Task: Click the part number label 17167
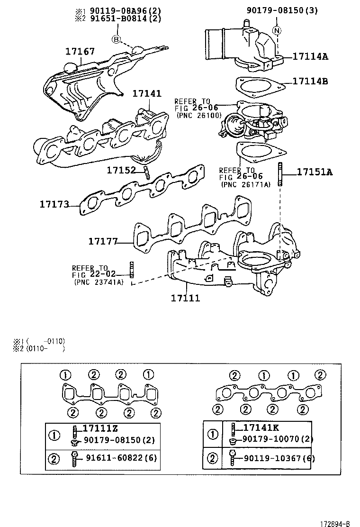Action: [x=80, y=51]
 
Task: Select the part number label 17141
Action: [x=146, y=94]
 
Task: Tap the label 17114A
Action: [x=310, y=56]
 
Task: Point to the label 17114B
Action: [x=310, y=81]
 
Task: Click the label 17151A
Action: [x=315, y=172]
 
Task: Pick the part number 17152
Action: [x=121, y=170]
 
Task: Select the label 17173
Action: [x=54, y=204]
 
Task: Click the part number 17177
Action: [x=102, y=241]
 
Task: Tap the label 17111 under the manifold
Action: [x=185, y=298]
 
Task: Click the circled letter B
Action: [x=116, y=39]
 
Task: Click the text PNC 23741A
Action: [x=99, y=282]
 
